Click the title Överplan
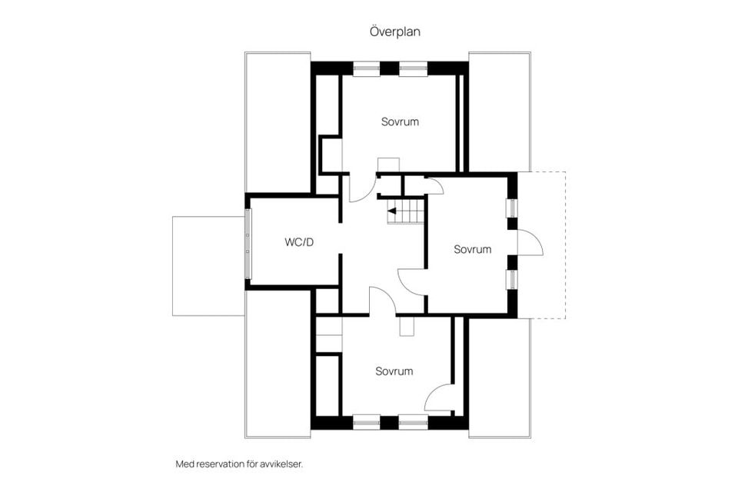pyautogui.click(x=394, y=32)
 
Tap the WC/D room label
pyautogui.click(x=299, y=243)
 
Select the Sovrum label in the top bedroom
pyautogui.click(x=400, y=121)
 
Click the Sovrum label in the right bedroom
pyautogui.click(x=472, y=249)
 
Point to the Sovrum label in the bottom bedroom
pyautogui.click(x=394, y=371)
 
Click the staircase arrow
pyautogui.click(x=392, y=209)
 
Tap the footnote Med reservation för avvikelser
pyautogui.click(x=244, y=464)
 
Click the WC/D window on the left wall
pyautogui.click(x=247, y=243)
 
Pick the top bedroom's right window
pyautogui.click(x=413, y=68)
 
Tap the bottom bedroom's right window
pyautogui.click(x=413, y=422)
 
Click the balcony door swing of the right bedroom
pyautogui.click(x=530, y=242)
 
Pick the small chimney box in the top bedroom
pyautogui.click(x=388, y=165)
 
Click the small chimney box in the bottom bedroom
pyautogui.click(x=407, y=326)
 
